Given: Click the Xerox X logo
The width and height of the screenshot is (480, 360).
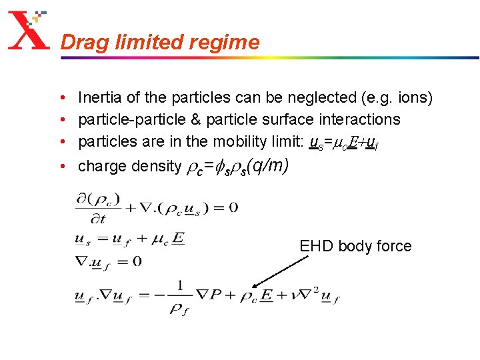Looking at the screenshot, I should pyautogui.click(x=28, y=31).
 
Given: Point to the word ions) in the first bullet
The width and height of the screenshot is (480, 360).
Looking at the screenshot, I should pyautogui.click(x=415, y=98).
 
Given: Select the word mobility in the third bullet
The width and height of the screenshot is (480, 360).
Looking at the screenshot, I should pyautogui.click(x=237, y=141).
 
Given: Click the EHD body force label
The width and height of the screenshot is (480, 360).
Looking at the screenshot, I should pyautogui.click(x=355, y=246).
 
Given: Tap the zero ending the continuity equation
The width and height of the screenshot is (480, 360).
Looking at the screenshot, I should pyautogui.click(x=233, y=207).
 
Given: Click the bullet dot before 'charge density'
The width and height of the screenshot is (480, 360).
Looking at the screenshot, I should pyautogui.click(x=61, y=166).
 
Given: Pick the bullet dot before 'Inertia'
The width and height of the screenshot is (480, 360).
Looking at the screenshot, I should pyautogui.click(x=61, y=98).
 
